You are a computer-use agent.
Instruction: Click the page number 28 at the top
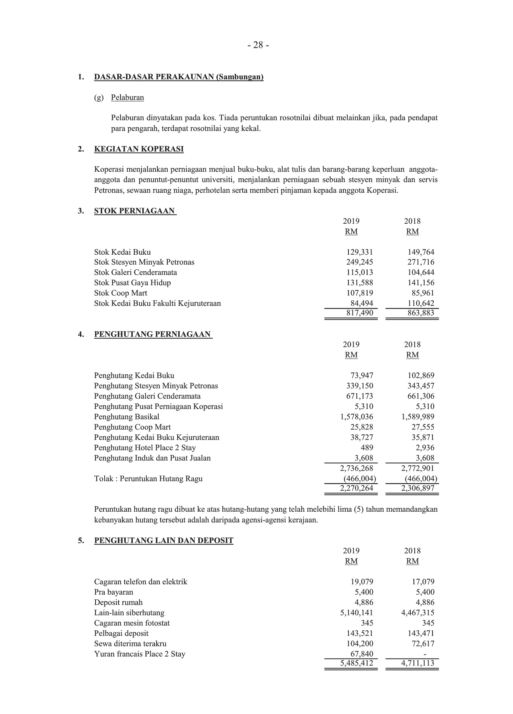pyautogui.click(x=258, y=45)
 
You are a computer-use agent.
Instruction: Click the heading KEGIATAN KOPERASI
pyautogui.click(x=139, y=149)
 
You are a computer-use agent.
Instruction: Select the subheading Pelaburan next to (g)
pyautogui.click(x=127, y=98)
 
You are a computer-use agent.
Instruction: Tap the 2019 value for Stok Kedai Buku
pyautogui.click(x=360, y=252)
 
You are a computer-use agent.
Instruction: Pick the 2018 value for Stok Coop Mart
pyautogui.click(x=423, y=293)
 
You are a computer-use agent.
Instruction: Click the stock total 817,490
pyautogui.click(x=357, y=313)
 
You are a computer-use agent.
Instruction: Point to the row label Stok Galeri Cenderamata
pyautogui.click(x=136, y=273)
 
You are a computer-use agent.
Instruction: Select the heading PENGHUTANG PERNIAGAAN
pyautogui.click(x=153, y=334)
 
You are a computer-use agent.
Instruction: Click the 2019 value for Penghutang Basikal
pyautogui.click(x=356, y=417)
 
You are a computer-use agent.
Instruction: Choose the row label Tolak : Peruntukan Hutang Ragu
pyautogui.click(x=148, y=479)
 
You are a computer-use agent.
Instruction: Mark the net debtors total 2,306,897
pyautogui.click(x=417, y=489)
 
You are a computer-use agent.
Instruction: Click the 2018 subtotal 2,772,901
pyautogui.click(x=417, y=468)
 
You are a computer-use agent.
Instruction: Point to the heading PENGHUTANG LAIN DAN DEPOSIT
pyautogui.click(x=164, y=541)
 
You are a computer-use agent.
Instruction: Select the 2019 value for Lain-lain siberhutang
pyautogui.click(x=356, y=613)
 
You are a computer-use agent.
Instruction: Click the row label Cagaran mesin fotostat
pyautogui.click(x=132, y=623)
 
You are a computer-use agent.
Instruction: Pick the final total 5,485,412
pyautogui.click(x=356, y=663)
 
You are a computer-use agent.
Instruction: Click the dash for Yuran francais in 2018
pyautogui.click(x=425, y=654)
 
